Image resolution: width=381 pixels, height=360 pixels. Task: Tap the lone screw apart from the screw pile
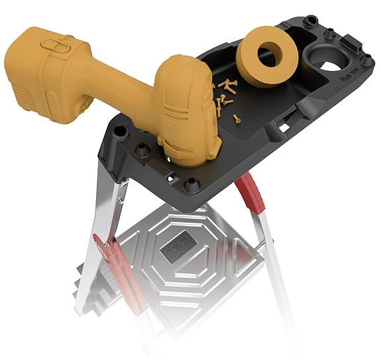click(x=237, y=119)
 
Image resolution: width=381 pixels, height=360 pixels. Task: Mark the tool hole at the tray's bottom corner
click(x=192, y=183)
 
